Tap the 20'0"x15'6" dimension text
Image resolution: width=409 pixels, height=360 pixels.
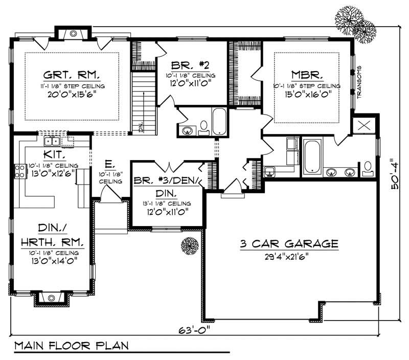coord(64,95)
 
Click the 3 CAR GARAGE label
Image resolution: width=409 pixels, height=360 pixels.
coord(289,244)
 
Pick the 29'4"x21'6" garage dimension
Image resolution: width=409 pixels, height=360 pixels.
coord(289,256)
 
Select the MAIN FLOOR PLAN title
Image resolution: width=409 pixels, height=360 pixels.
coord(72,346)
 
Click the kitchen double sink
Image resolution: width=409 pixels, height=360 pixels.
coord(53,142)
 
